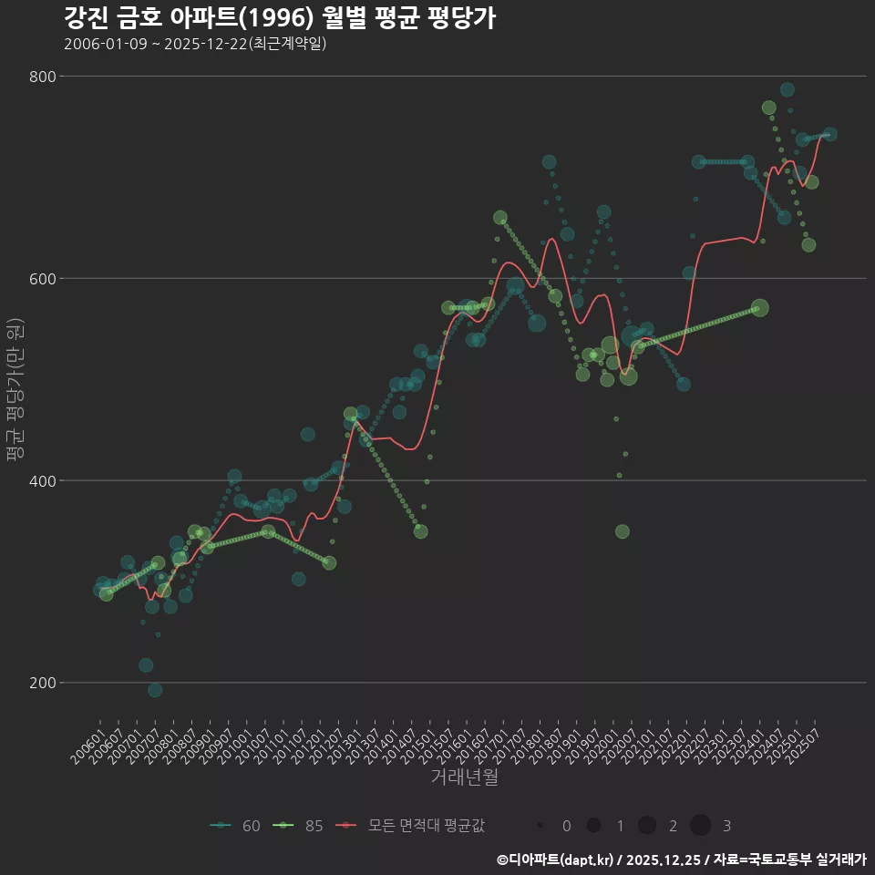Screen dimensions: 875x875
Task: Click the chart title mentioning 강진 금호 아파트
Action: pyautogui.click(x=280, y=18)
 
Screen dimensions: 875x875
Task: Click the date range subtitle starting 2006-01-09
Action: pyautogui.click(x=195, y=44)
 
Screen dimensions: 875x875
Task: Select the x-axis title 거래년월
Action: pyautogui.click(x=464, y=777)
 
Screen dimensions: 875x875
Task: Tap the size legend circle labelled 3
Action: pyautogui.click(x=700, y=826)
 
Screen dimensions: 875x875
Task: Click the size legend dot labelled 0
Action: pyautogui.click(x=540, y=826)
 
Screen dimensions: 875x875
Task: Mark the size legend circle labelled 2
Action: pyautogui.click(x=647, y=826)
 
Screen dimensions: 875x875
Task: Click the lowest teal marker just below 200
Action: pyautogui.click(x=155, y=690)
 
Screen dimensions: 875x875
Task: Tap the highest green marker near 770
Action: pyautogui.click(x=769, y=108)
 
